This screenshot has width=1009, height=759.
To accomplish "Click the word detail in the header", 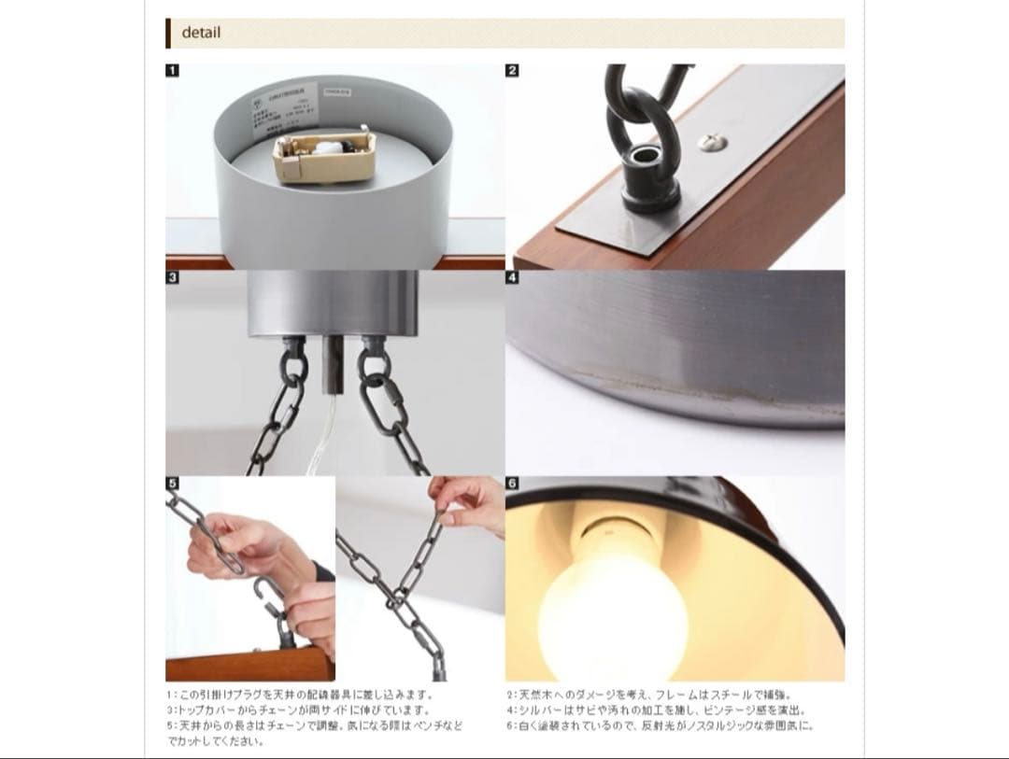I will (x=201, y=33).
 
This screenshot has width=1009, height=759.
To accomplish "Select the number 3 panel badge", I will (x=172, y=277).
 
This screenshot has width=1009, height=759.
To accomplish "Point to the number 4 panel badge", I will (x=512, y=277).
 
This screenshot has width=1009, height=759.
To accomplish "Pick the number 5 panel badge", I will (x=172, y=484).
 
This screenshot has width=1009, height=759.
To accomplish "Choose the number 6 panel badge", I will (x=512, y=484).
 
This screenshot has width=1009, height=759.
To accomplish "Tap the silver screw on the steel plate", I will (x=710, y=141).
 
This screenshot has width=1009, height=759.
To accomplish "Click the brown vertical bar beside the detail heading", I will (x=168, y=33).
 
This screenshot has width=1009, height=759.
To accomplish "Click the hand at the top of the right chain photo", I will (x=472, y=495).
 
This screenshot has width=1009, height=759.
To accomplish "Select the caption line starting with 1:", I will (x=300, y=695).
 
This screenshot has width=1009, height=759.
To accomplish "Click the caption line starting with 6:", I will (x=660, y=725).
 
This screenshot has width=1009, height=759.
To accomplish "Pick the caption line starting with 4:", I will (x=655, y=710).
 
